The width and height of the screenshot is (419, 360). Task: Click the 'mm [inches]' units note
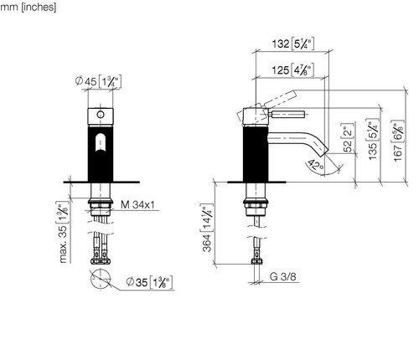pos(28,7)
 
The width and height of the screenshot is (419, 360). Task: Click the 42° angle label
pos(316,165)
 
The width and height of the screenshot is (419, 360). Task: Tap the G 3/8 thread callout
pos(282,276)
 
